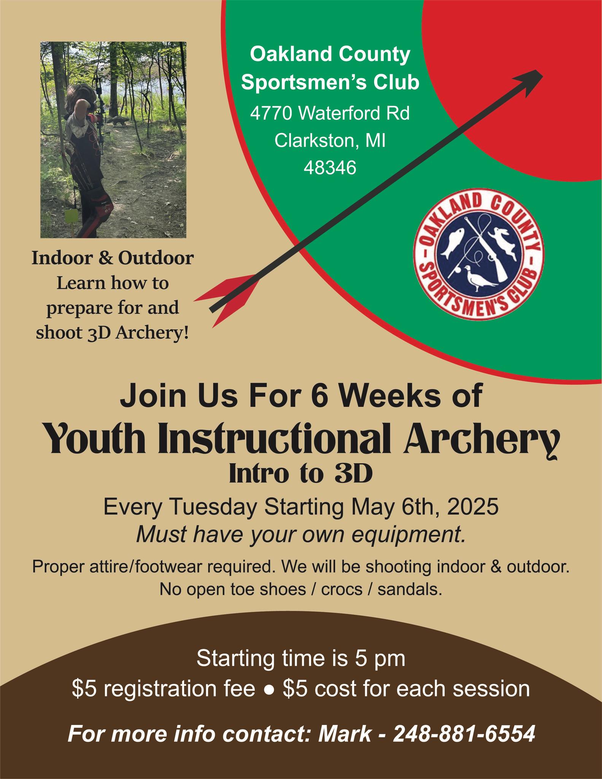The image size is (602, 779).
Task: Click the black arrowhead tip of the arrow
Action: pos(542,71)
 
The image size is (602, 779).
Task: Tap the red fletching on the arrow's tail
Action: pos(224,299)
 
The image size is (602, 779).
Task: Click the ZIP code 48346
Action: pos(330,167)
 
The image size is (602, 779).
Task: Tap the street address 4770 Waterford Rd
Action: pos(330,113)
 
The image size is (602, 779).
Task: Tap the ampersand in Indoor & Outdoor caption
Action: pos(107,259)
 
